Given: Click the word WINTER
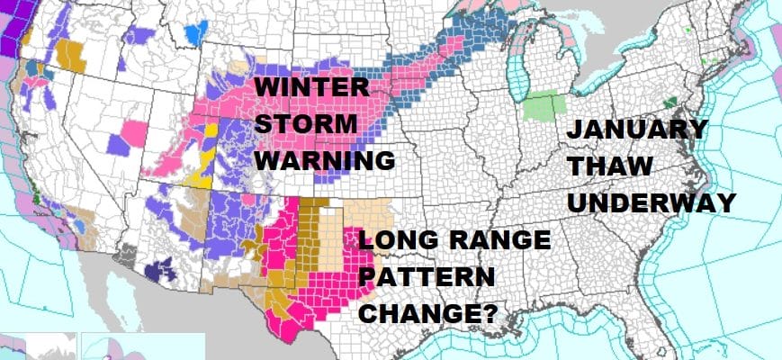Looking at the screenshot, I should (311, 90).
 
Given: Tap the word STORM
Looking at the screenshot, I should (301, 125).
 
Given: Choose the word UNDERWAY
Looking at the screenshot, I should (652, 202).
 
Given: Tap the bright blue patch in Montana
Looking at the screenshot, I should (194, 34).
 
